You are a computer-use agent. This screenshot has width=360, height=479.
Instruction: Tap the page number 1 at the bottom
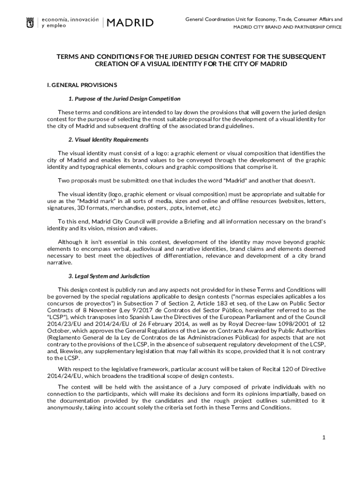coord(323,437)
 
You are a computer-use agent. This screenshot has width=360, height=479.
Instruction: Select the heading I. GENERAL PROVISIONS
coord(82,85)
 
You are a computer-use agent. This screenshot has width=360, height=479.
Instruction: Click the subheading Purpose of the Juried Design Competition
coord(124,99)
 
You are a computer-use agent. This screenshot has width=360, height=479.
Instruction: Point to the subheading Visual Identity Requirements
coord(108,139)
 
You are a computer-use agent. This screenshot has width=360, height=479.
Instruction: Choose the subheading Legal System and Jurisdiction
coord(109,276)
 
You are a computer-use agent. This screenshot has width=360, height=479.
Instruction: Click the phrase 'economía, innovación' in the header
coord(70,20)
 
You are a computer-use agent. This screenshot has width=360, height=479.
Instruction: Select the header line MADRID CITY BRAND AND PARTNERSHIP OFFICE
coord(288,27)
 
